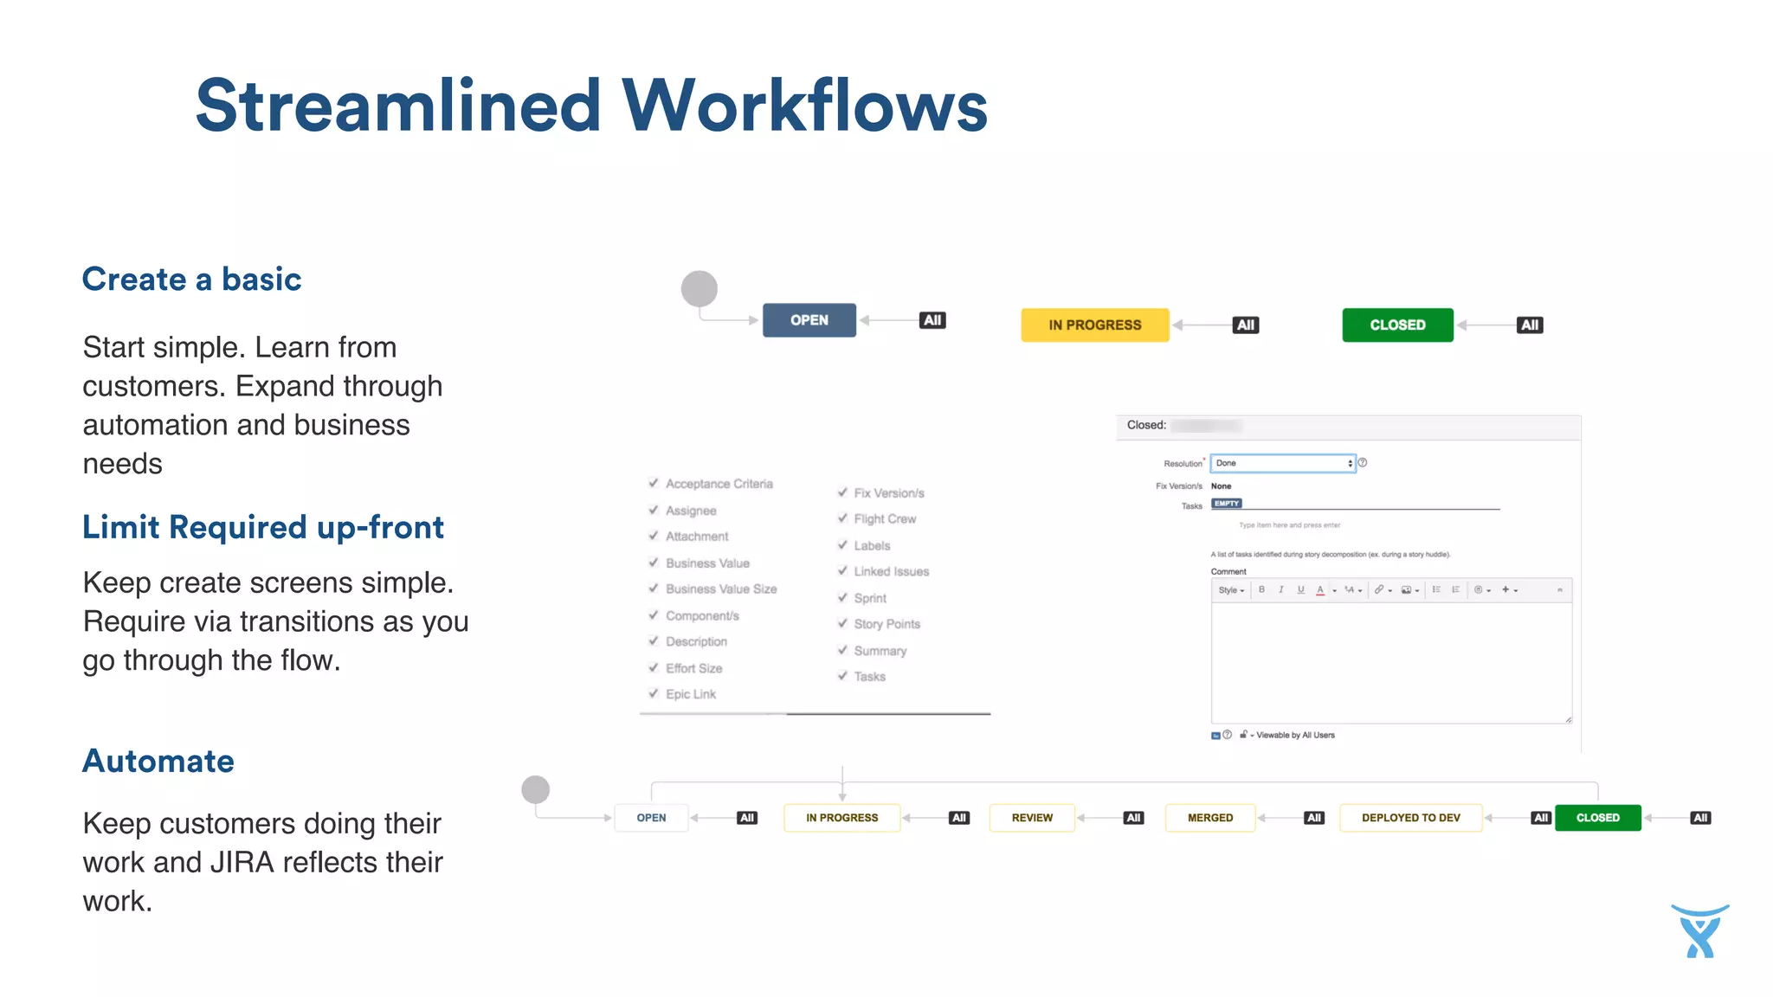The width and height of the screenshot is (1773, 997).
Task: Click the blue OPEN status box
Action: [x=809, y=320]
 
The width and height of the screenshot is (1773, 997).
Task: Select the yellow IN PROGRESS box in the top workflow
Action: [x=1094, y=325]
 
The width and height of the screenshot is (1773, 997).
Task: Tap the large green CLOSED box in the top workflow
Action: [x=1397, y=325]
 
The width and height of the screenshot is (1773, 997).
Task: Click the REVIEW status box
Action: [x=1032, y=818]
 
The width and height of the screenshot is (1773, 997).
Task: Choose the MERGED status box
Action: [x=1209, y=818]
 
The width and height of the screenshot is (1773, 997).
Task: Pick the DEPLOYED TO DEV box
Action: [x=1410, y=818]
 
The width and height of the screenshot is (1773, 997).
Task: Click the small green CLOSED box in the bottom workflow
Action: [x=1597, y=818]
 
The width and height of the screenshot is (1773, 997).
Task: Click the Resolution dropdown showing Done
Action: [x=1282, y=463]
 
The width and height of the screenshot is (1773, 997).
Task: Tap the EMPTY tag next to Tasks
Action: [x=1227, y=504]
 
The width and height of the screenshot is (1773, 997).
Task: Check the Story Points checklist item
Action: [x=886, y=624]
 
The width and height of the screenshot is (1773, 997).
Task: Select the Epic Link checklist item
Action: [x=690, y=694]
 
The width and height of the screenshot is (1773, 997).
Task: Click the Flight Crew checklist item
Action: [x=884, y=519]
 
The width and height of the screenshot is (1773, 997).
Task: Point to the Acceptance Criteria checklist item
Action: [x=719, y=484]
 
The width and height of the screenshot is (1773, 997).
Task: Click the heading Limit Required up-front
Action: [x=263, y=527]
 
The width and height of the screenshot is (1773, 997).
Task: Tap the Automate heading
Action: [x=158, y=761]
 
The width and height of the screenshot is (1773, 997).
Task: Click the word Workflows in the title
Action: [x=805, y=106]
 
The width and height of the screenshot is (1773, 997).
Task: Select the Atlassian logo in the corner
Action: [x=1699, y=931]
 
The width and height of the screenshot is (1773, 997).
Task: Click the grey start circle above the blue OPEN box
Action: [x=700, y=288]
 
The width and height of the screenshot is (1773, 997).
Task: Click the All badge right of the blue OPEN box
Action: [x=932, y=320]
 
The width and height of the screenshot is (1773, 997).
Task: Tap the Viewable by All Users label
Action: [x=1295, y=735]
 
